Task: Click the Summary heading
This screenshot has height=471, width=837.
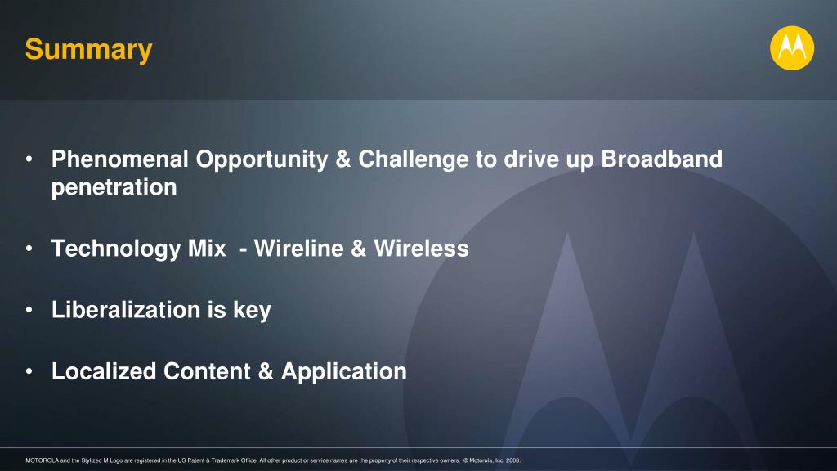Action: tap(88, 51)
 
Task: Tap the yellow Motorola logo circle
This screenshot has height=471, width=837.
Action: tap(791, 48)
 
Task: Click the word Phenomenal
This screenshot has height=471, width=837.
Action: tap(120, 159)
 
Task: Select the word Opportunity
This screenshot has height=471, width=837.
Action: tap(262, 160)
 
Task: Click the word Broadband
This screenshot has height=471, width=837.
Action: tap(662, 159)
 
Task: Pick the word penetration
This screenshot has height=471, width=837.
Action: tap(114, 188)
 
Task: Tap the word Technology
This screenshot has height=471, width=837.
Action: tap(116, 249)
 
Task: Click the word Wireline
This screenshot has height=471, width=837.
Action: tap(299, 249)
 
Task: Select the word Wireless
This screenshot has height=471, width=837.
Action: tap(421, 249)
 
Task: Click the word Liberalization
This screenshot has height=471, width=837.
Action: tap(126, 310)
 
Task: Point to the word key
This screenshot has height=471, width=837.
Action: tap(252, 311)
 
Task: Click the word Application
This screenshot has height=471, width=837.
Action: tap(344, 372)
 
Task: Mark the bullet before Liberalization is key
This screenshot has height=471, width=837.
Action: tap(29, 310)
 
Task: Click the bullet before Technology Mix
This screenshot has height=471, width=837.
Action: tap(29, 249)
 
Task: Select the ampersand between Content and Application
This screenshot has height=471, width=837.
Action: tap(266, 371)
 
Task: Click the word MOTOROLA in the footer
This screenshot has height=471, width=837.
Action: tap(43, 460)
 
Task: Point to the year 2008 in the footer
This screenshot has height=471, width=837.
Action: tap(512, 460)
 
